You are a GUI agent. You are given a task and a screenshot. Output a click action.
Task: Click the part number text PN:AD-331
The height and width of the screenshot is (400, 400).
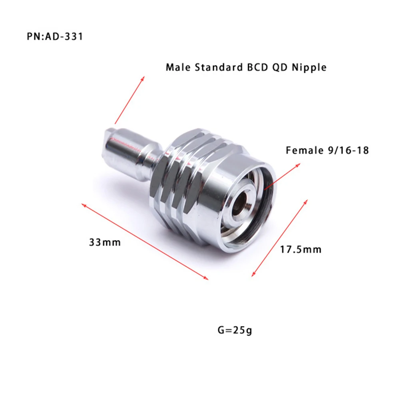pyautogui.click(x=55, y=36)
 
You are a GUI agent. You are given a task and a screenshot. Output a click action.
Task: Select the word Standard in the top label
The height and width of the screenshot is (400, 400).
pyautogui.click(x=219, y=68)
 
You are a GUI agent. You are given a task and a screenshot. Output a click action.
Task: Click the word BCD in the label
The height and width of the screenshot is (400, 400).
pyautogui.click(x=257, y=68)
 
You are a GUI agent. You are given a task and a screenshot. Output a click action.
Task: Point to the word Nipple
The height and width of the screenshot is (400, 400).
pyautogui.click(x=309, y=68)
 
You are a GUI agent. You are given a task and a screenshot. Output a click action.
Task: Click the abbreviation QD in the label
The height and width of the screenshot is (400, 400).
pyautogui.click(x=280, y=68)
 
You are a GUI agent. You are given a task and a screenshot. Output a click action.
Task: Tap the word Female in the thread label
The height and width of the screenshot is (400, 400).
pyautogui.click(x=304, y=150)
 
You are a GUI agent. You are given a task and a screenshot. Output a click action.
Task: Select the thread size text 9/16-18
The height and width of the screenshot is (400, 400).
pyautogui.click(x=348, y=150)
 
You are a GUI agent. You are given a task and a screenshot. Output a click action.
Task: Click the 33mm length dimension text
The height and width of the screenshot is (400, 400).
pyautogui.click(x=105, y=242)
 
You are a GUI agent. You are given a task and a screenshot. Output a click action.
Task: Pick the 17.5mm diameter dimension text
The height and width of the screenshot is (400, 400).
pyautogui.click(x=301, y=249)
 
